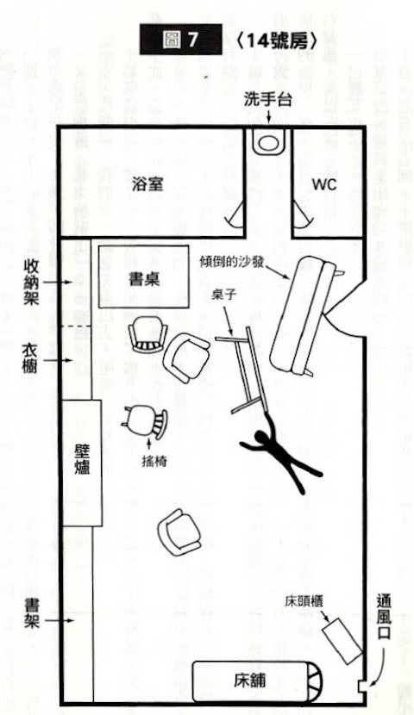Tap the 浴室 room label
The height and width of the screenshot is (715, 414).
click(x=147, y=184)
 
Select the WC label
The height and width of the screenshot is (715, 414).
click(x=324, y=184)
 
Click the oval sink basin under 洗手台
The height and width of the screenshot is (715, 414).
click(x=268, y=142)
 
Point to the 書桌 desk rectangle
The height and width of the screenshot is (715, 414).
click(x=144, y=277)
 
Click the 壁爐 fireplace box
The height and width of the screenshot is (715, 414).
click(x=82, y=463)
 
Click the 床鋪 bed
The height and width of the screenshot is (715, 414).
click(x=257, y=681)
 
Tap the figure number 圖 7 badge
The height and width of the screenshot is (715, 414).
click(x=181, y=40)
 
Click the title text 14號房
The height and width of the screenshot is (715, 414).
click(x=278, y=41)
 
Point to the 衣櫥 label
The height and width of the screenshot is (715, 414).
click(x=30, y=359)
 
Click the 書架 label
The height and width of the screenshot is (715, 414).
click(x=32, y=613)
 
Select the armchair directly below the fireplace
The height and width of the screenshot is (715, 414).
click(x=179, y=534)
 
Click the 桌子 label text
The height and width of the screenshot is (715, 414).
click(x=223, y=295)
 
